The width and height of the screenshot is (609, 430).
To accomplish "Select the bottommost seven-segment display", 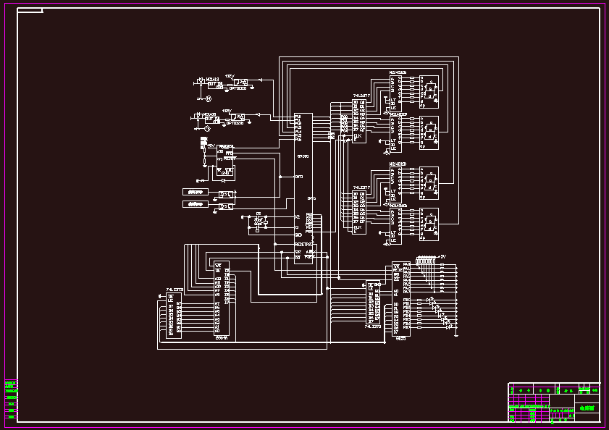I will pyautogui.click(x=429, y=224).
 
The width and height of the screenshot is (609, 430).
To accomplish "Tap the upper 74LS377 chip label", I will pyautogui.click(x=361, y=96).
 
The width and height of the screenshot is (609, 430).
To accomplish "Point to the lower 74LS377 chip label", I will pyautogui.click(x=361, y=187).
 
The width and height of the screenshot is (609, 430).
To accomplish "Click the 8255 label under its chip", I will pyautogui.click(x=400, y=338).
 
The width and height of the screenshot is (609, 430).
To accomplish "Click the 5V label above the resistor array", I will pyautogui.click(x=443, y=256).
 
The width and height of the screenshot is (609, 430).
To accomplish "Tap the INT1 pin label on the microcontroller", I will pyautogui.click(x=299, y=176).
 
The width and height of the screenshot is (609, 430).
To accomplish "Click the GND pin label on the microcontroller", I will pyautogui.click(x=298, y=235).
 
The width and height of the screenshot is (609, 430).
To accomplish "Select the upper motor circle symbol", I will pyautogui.click(x=208, y=98).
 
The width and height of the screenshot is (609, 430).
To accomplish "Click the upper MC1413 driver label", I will pyautogui.click(x=212, y=79).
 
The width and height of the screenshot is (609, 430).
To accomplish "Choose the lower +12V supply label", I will pyautogui.click(x=226, y=111).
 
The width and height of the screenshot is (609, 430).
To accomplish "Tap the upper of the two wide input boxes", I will pyautogui.click(x=194, y=192).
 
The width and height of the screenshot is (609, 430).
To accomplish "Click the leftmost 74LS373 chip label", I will pyautogui.click(x=175, y=289).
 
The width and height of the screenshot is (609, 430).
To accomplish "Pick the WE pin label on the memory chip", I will pyautogui.click(x=217, y=271).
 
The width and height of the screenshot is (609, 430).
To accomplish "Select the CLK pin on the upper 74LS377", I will pyautogui.click(x=358, y=135).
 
